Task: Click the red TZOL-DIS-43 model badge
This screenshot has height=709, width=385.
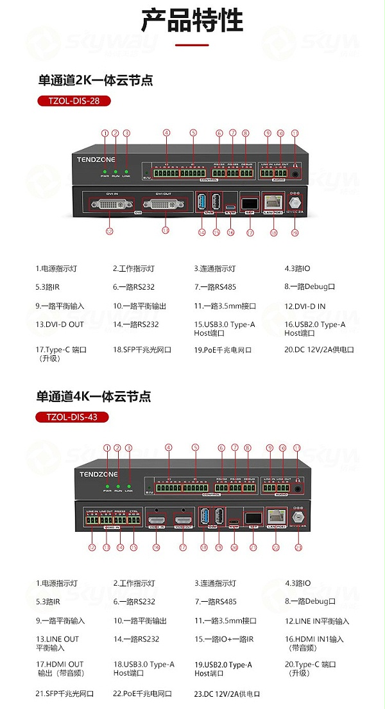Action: coord(72,417)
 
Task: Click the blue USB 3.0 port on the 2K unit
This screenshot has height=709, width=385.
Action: coord(201,200)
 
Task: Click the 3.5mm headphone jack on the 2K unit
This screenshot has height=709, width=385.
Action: coord(296,172)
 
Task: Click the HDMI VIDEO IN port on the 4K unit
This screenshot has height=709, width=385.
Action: coord(156,517)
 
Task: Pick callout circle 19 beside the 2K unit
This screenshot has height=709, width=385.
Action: coord(295,232)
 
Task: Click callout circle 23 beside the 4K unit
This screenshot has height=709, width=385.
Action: coord(298,547)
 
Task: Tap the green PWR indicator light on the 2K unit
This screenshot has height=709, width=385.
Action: coord(105,171)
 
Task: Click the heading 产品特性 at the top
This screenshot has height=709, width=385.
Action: coord(193,20)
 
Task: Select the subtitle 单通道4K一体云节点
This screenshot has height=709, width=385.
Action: coord(93,396)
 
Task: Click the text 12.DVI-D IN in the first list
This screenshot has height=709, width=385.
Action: coord(305,306)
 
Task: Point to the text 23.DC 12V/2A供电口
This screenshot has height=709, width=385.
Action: coord(228,694)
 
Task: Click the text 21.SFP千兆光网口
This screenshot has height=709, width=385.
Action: coord(65,694)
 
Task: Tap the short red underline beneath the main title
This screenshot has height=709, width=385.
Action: coord(192,45)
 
